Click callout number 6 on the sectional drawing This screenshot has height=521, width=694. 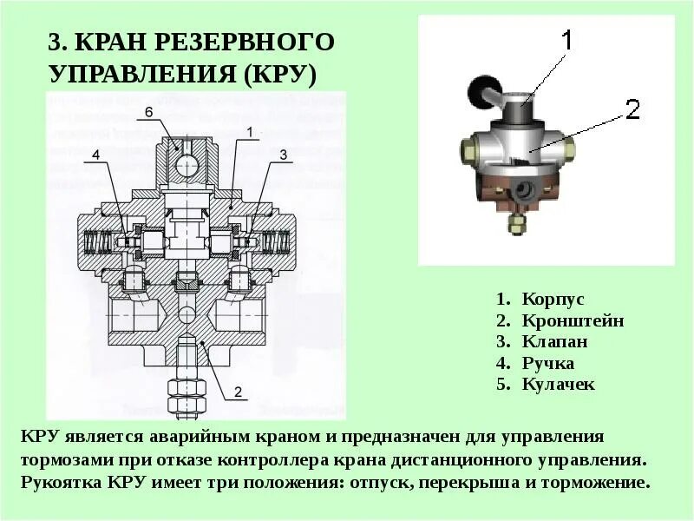coord(148,112)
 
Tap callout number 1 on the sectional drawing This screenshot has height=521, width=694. coord(248,132)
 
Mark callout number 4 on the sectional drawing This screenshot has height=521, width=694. coord(96,155)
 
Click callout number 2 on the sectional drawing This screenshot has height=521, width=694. coord(237,390)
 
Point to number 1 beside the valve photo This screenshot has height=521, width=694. coord(565,40)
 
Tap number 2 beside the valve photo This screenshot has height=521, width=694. coord(632,109)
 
